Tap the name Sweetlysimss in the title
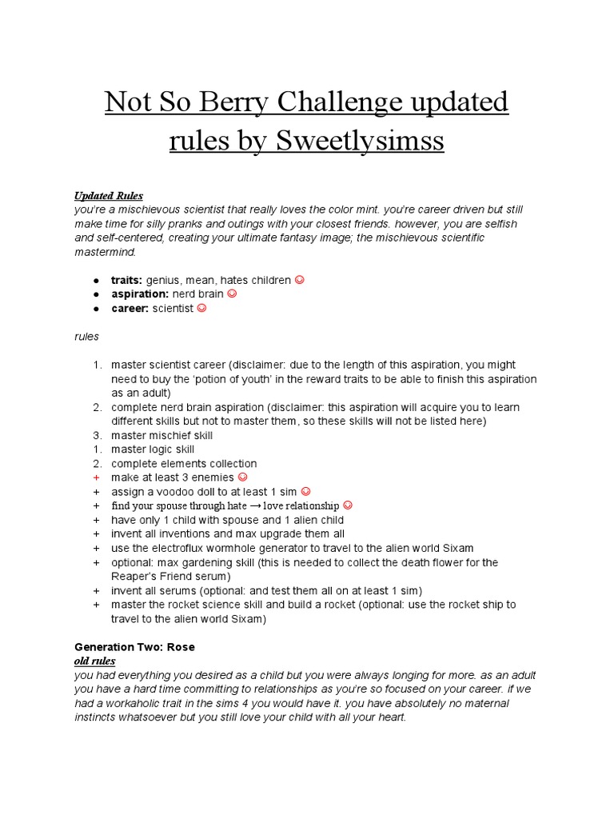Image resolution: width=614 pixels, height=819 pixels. [360, 141]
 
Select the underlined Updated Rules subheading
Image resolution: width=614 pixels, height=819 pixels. [109, 196]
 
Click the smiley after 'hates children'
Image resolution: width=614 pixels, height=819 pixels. [300, 280]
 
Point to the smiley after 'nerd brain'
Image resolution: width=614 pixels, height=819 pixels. [233, 294]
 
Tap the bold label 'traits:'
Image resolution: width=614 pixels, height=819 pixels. [127, 280]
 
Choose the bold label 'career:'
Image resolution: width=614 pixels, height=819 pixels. [130, 308]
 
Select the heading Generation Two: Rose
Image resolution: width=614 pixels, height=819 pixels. [134, 646]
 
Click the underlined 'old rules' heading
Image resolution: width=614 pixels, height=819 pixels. [95, 661]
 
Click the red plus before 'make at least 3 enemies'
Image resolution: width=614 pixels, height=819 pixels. [96, 477]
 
